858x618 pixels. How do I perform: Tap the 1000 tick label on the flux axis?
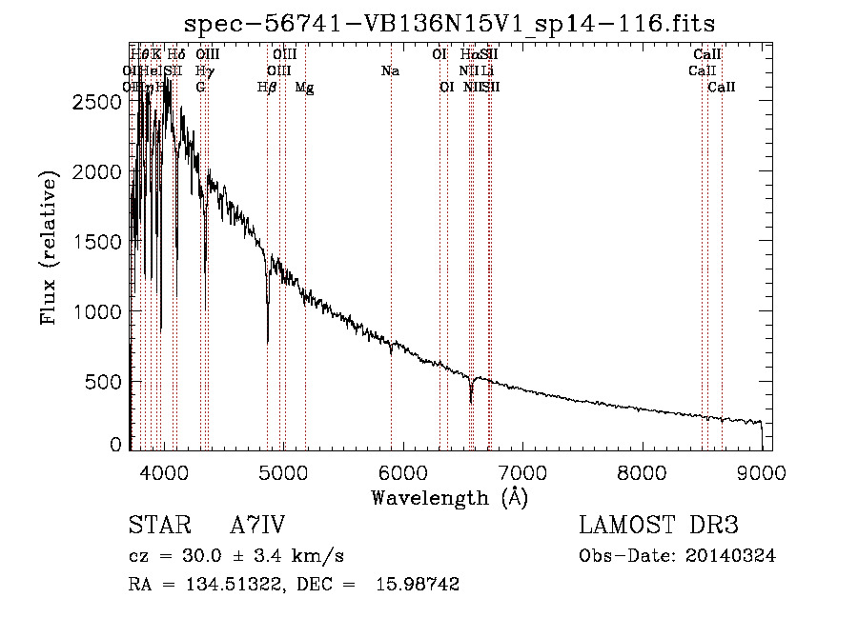point(96,312)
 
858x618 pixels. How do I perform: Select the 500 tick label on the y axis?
point(103,382)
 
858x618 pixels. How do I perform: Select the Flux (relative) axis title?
point(48,248)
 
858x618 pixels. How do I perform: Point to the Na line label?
point(389,71)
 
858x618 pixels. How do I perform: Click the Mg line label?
point(305,88)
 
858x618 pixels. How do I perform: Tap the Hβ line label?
point(267,88)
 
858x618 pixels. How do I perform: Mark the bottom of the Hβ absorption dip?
point(268,341)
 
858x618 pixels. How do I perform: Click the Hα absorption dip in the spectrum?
point(471,398)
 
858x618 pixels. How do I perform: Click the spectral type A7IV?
point(258,526)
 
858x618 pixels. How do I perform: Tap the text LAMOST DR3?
point(658,526)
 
